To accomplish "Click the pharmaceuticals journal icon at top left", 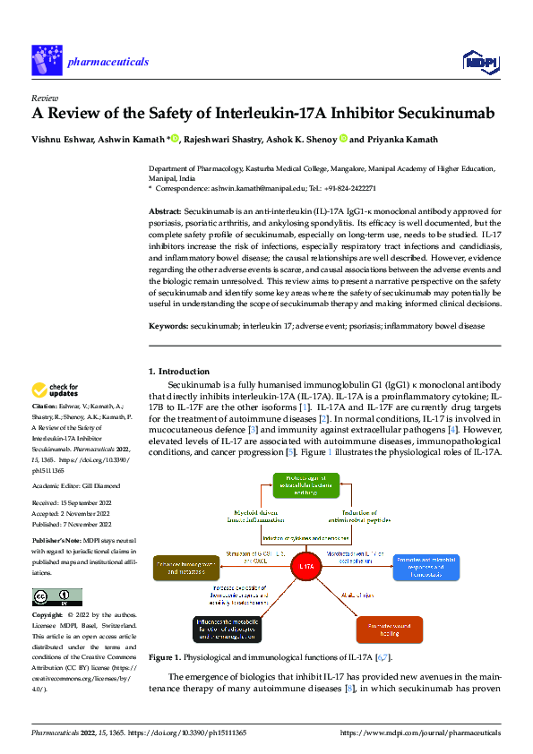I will pyautogui.click(x=47, y=61).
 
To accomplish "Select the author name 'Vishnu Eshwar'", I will pyautogui.click(x=62, y=139).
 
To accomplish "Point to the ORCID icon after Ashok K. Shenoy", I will pyautogui.click(x=343, y=139).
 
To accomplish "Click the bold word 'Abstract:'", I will pyautogui.click(x=166, y=210).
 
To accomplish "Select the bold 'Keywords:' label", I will pyautogui.click(x=168, y=328).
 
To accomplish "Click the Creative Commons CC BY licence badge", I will pyautogui.click(x=56, y=597).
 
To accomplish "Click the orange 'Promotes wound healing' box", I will pyautogui.click(x=390, y=630).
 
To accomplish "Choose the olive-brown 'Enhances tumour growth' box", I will pyautogui.click(x=185, y=568).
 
